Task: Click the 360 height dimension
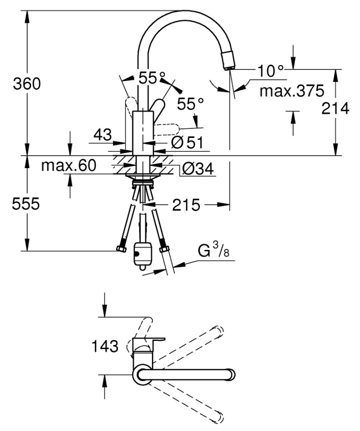[27, 84]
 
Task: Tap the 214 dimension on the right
[335, 109]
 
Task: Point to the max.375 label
[289, 91]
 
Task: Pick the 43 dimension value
[102, 135]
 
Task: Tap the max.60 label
[69, 166]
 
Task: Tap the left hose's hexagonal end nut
[121, 249]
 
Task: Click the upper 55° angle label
[152, 77]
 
